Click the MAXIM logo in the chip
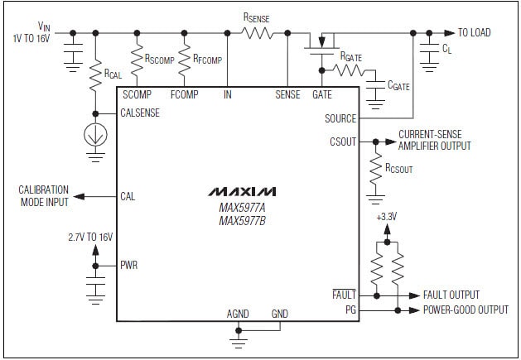[x=243, y=192]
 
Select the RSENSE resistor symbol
[x=257, y=33]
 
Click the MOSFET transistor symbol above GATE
[x=322, y=42]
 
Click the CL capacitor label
[x=447, y=50]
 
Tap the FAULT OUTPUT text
[x=451, y=295]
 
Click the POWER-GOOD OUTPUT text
[x=466, y=310]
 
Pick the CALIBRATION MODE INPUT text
[x=44, y=196]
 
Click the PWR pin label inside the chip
[x=129, y=266]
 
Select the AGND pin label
[x=238, y=314]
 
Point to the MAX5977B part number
[x=242, y=221]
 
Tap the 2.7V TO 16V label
[x=92, y=237]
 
